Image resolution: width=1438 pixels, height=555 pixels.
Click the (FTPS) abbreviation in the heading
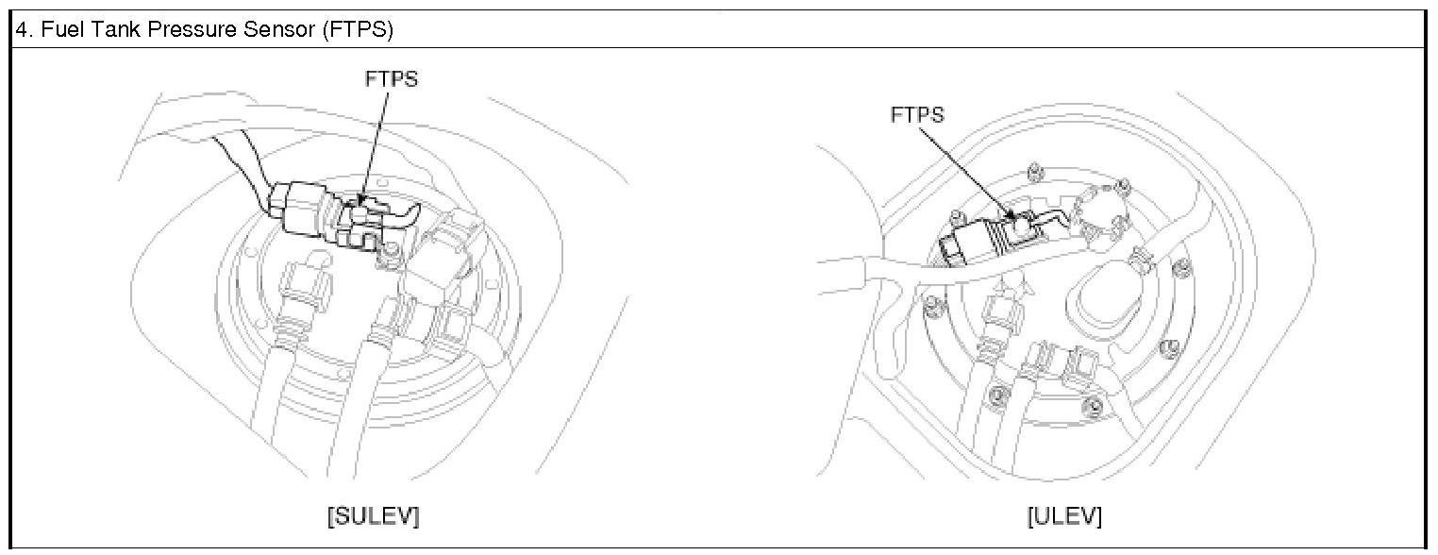click(x=358, y=29)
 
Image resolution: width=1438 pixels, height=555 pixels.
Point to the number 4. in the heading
click(x=25, y=29)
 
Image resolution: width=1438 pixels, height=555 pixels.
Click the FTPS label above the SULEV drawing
click(x=391, y=79)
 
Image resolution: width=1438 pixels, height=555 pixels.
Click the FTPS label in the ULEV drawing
click(x=917, y=115)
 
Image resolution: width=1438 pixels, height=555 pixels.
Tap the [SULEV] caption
click(x=373, y=516)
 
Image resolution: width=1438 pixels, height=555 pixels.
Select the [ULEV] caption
click(x=1064, y=516)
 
